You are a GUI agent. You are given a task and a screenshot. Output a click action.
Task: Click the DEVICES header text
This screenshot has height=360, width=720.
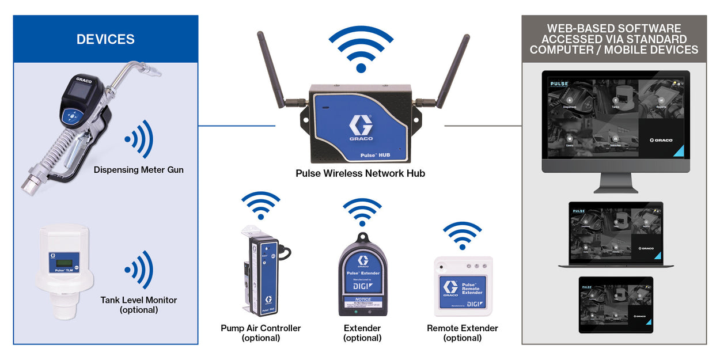click(x=105, y=39)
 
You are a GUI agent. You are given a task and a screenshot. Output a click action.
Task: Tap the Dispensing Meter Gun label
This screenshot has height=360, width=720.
click(x=139, y=169)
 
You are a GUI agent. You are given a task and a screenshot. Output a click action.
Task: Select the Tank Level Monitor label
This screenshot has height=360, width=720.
click(x=139, y=300)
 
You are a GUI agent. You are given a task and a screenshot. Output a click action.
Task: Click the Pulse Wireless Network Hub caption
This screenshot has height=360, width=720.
click(x=360, y=173)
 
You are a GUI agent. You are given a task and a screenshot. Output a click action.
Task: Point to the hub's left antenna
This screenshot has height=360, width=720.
click(x=271, y=69)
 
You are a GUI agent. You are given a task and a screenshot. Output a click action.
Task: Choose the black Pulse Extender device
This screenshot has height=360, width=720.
click(x=362, y=276)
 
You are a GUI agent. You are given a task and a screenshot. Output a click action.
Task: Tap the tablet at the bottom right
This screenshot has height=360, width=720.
click(x=616, y=305)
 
